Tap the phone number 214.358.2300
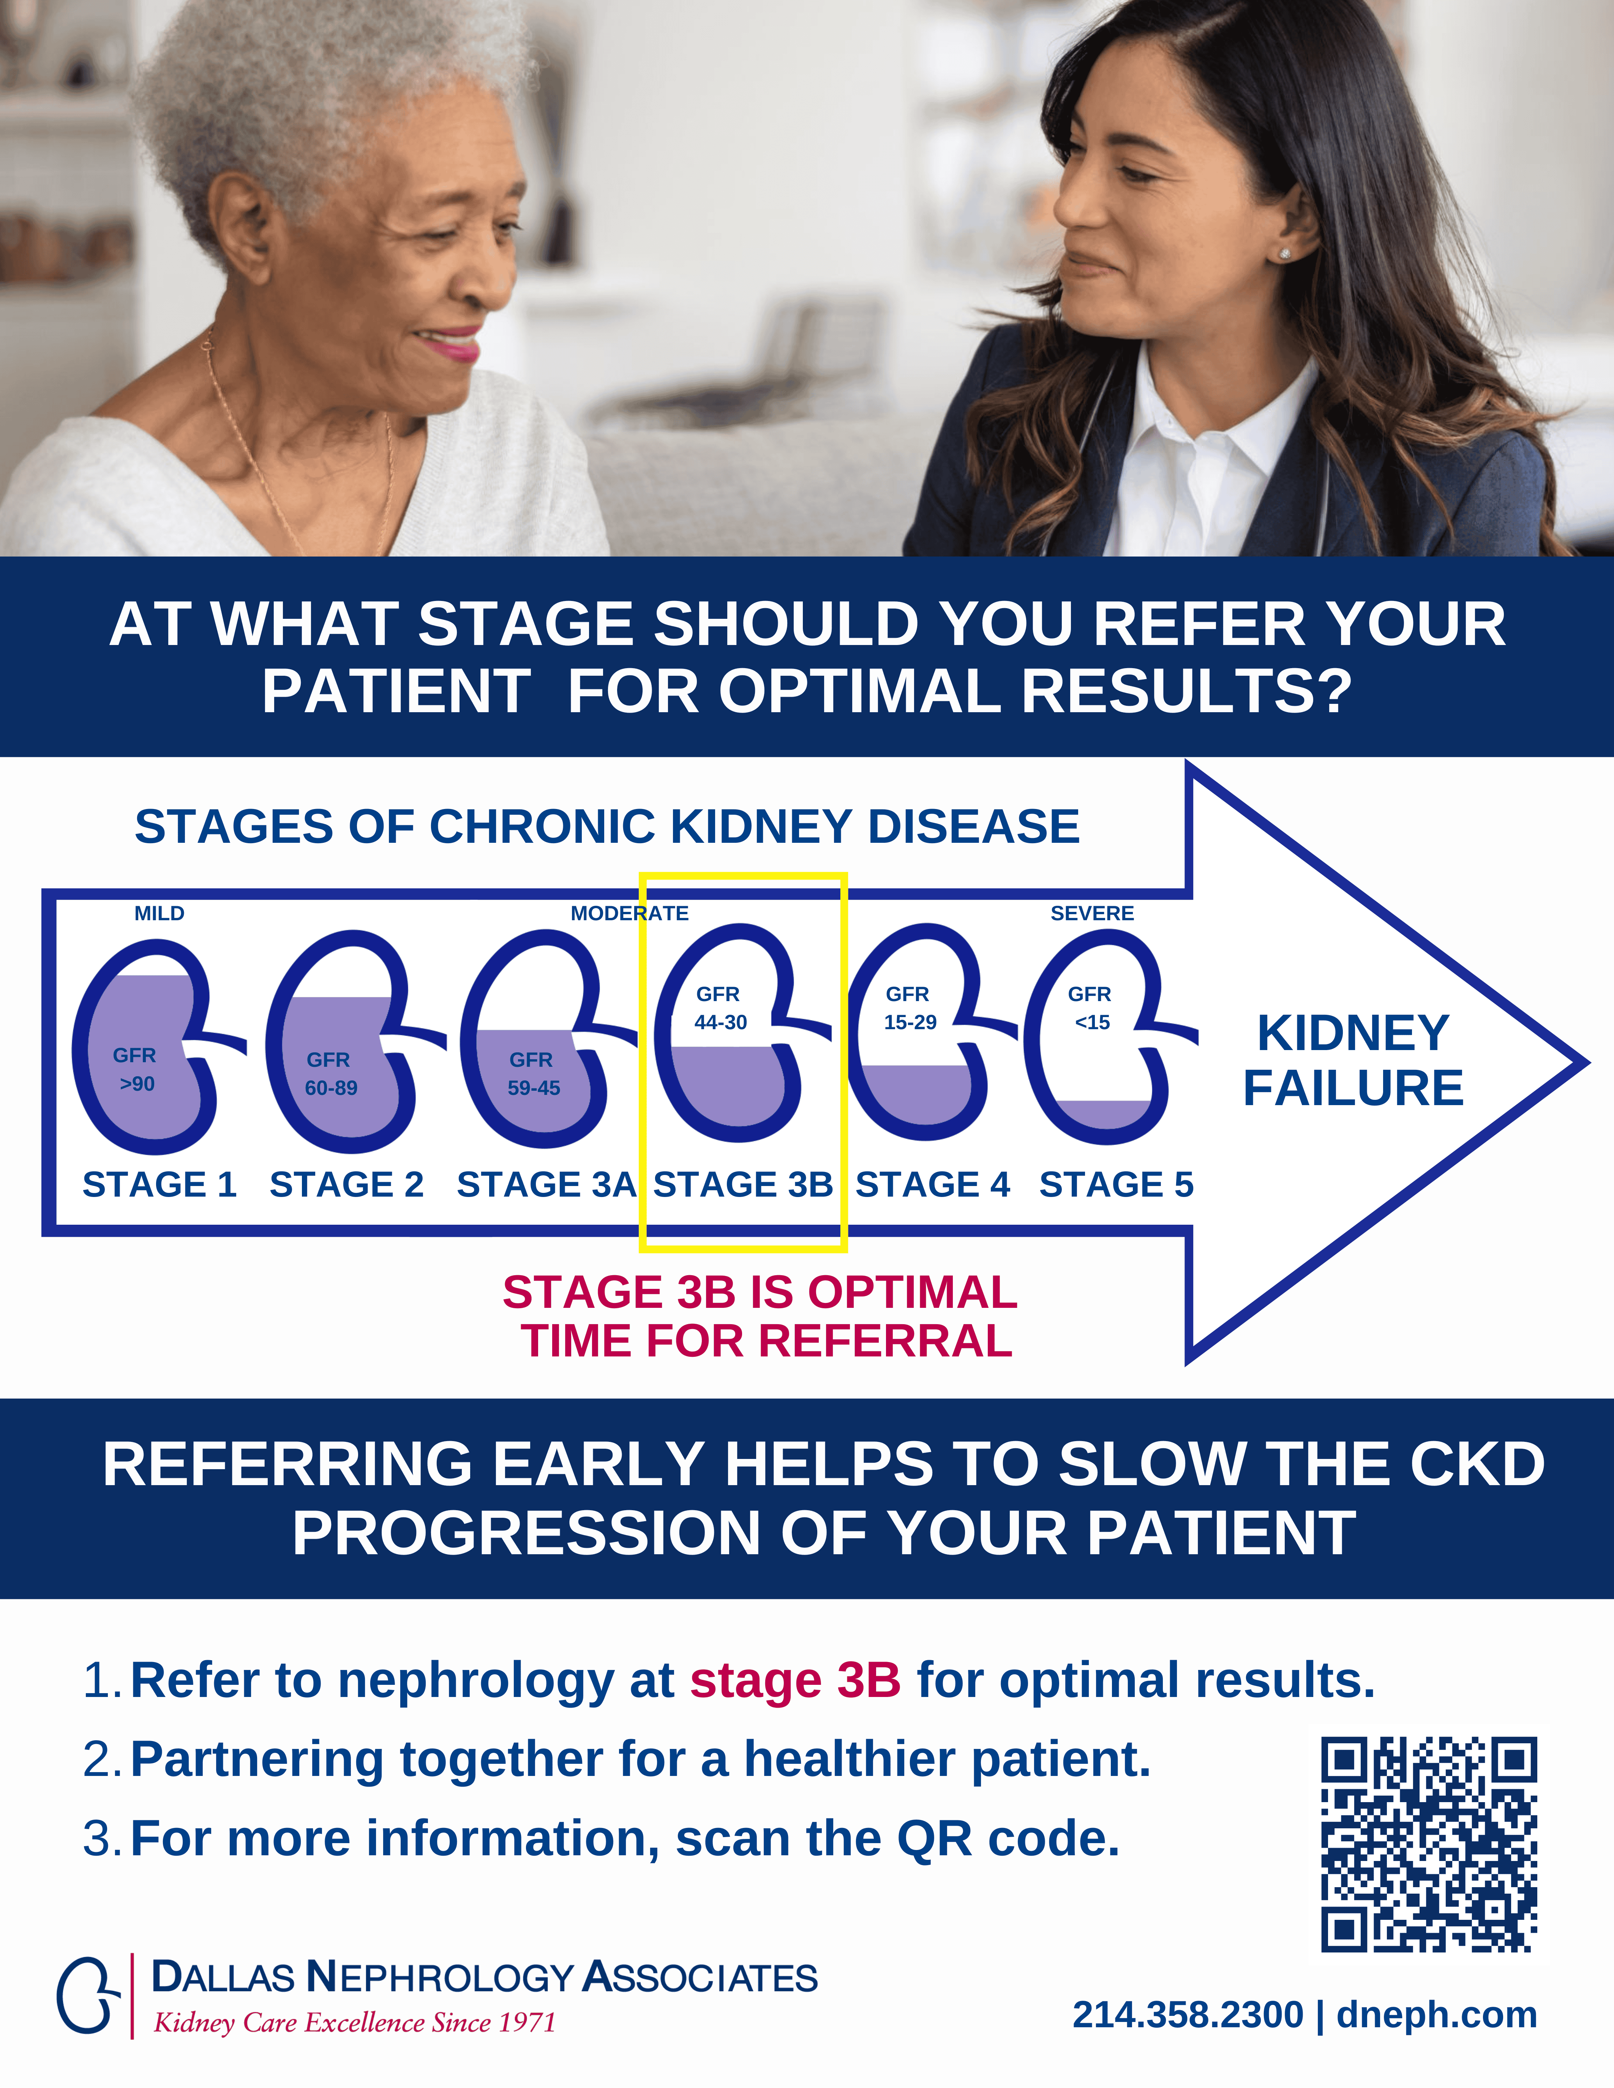[1188, 2014]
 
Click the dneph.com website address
[1436, 2014]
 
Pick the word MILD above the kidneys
[160, 913]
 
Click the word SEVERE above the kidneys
[1092, 913]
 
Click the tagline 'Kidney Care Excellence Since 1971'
[355, 2023]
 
